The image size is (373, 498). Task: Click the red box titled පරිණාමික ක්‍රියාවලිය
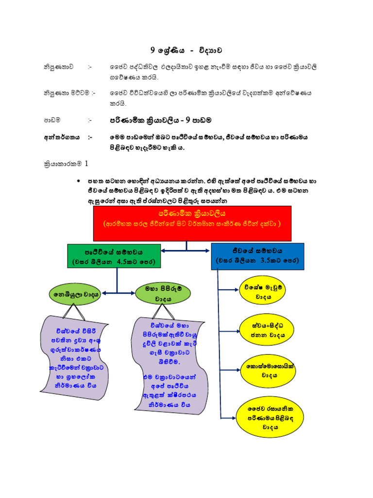pyautogui.click(x=192, y=223)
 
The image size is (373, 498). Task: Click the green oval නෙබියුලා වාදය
pyautogui.click(x=75, y=294)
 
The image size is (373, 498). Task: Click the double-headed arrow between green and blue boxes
pyautogui.click(x=186, y=251)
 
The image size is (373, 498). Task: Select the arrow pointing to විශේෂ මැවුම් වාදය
pyautogui.click(x=228, y=289)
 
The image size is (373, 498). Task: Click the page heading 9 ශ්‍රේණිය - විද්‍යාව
pyautogui.click(x=186, y=50)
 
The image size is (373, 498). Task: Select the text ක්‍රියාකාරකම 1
pyautogui.click(x=66, y=164)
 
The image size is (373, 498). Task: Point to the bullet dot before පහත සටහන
pyautogui.click(x=79, y=181)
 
